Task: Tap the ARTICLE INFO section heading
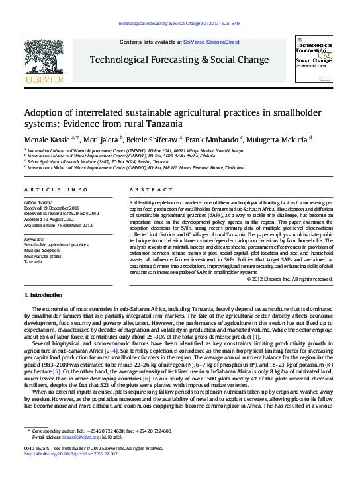coord(56,189)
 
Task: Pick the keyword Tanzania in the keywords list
coord(34,262)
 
